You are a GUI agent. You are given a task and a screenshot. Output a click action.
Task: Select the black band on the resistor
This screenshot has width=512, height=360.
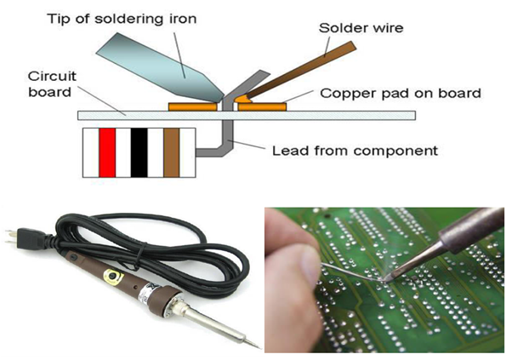pos(139,153)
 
